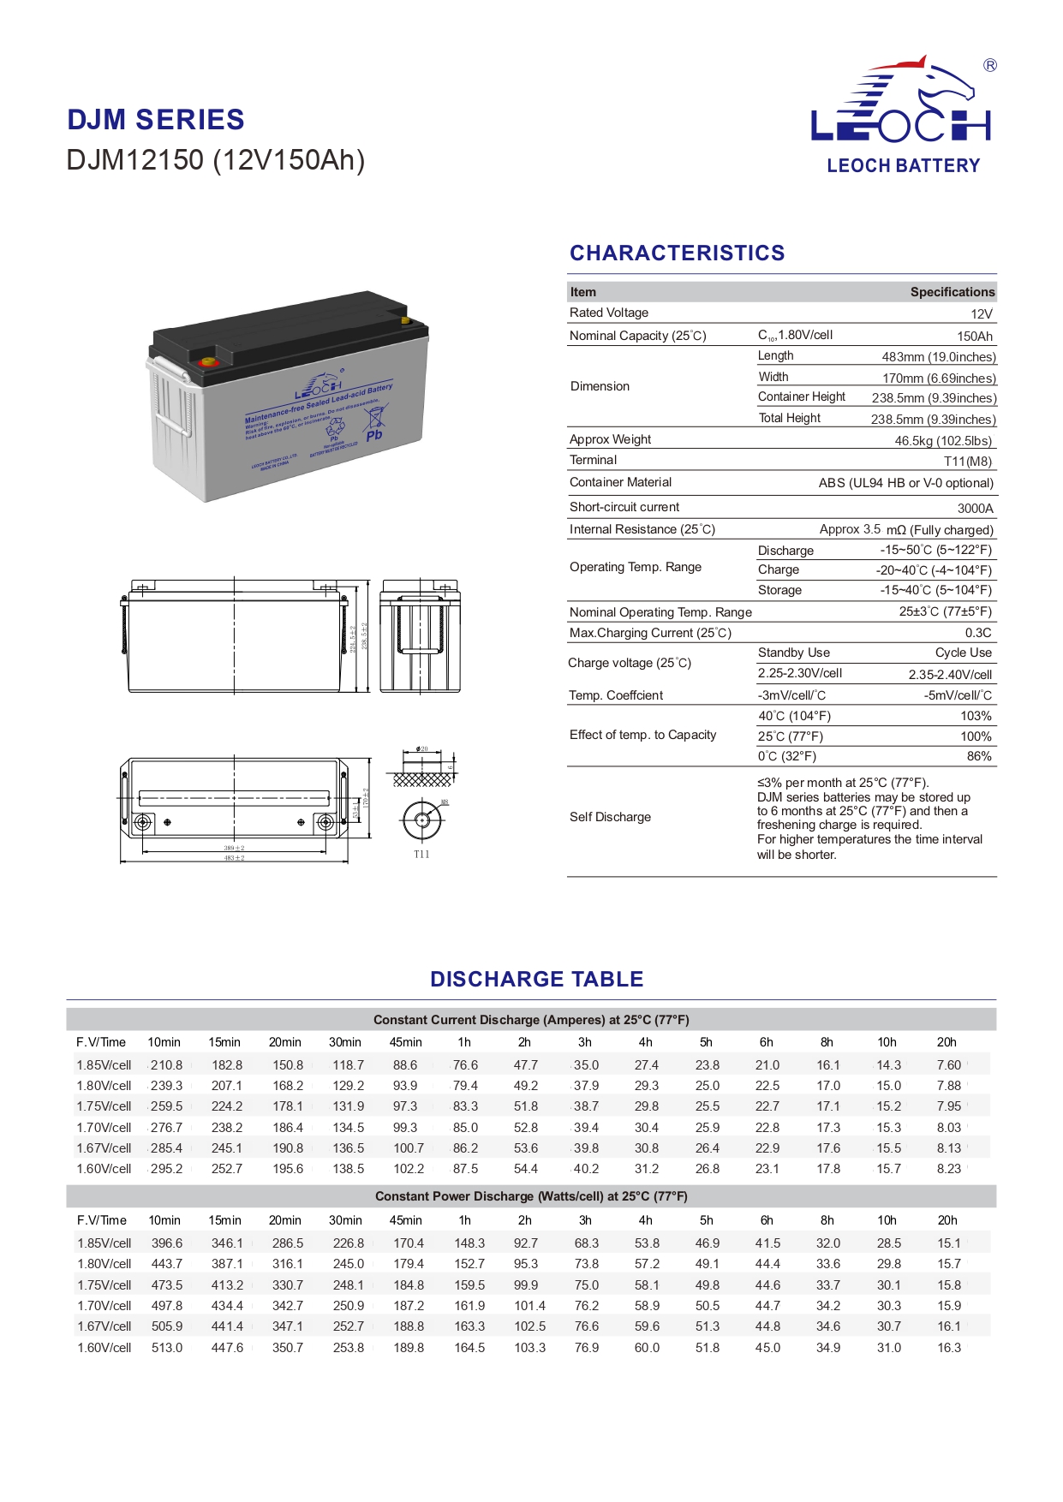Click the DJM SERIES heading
tap(156, 120)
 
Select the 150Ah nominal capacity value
tap(974, 337)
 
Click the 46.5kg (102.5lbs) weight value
tap(943, 441)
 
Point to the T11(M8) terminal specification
tap(968, 462)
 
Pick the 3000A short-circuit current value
tap(975, 508)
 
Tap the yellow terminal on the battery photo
tap(406, 321)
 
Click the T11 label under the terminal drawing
tap(421, 855)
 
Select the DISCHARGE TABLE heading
tap(536, 979)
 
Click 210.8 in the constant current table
tap(166, 1065)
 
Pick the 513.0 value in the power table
tap(166, 1348)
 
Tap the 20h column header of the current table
tap(947, 1042)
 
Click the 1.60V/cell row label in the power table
tap(105, 1348)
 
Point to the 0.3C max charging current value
tap(978, 633)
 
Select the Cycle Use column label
tap(963, 653)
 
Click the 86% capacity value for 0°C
tap(979, 756)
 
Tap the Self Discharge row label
tap(610, 817)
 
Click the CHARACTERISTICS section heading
tap(677, 253)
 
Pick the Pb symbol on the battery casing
tap(374, 435)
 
